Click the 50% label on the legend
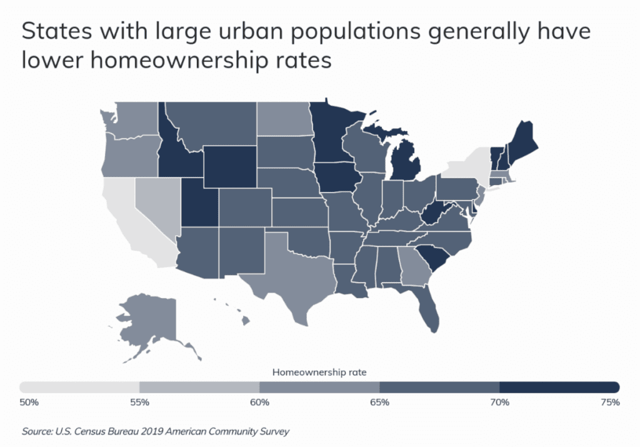point(29,402)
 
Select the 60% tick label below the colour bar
point(260,402)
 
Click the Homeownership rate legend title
point(319,372)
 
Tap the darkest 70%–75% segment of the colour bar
point(559,386)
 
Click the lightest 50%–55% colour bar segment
point(79,386)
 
